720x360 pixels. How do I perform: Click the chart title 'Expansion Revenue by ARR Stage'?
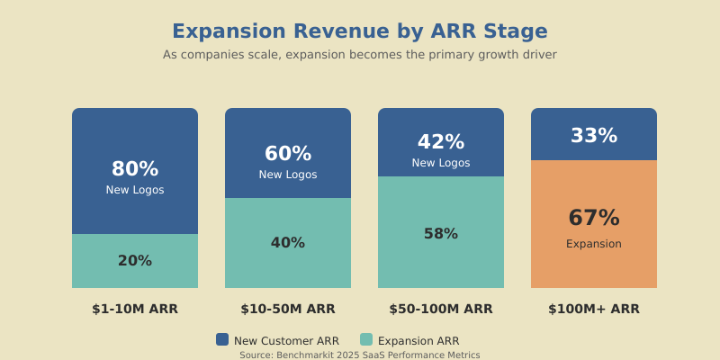pyautogui.click(x=360, y=31)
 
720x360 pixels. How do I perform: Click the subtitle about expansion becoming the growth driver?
pyautogui.click(x=360, y=55)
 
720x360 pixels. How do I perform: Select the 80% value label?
pyautogui.click(x=135, y=169)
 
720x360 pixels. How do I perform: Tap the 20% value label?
pyautogui.click(x=135, y=261)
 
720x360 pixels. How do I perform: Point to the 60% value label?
pyautogui.click(x=288, y=154)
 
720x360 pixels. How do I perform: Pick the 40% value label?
pyautogui.click(x=288, y=243)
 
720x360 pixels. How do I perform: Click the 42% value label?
pyautogui.click(x=441, y=142)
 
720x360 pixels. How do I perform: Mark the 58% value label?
pyautogui.click(x=441, y=234)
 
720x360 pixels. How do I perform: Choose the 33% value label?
pyautogui.click(x=594, y=136)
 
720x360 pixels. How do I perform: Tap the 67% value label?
pyautogui.click(x=594, y=219)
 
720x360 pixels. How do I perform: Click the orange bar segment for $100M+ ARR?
pyautogui.click(x=594, y=270)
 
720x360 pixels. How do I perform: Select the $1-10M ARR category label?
pyautogui.click(x=135, y=309)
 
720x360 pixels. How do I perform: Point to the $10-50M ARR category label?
pyautogui.click(x=288, y=309)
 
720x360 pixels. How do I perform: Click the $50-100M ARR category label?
pyautogui.click(x=441, y=309)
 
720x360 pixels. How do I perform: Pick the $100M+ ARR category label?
pyautogui.click(x=594, y=309)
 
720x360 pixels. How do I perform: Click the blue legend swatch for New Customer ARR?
pyautogui.click(x=222, y=339)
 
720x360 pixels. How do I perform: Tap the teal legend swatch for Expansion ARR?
pyautogui.click(x=366, y=339)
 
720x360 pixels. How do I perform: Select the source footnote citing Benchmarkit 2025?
pyautogui.click(x=360, y=355)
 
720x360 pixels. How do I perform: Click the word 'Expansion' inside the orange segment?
pyautogui.click(x=594, y=244)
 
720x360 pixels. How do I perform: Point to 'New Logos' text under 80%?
pyautogui.click(x=135, y=190)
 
